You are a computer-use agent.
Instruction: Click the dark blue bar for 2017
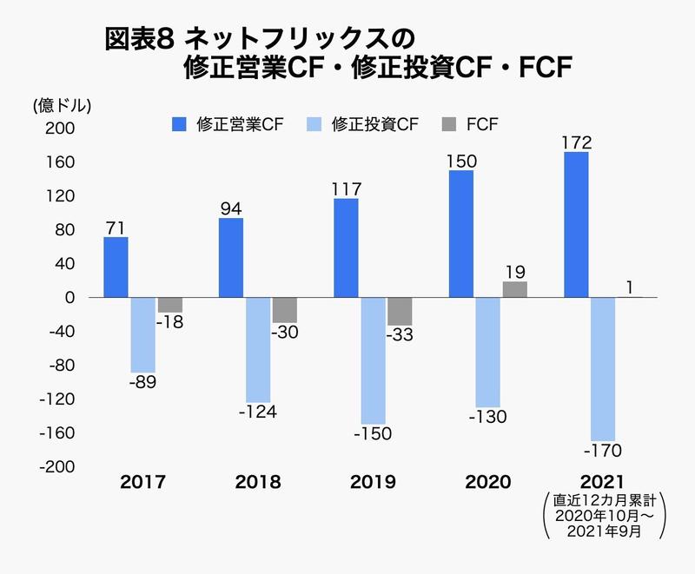pyautogui.click(x=116, y=267)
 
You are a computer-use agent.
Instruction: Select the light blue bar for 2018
pyautogui.click(x=258, y=349)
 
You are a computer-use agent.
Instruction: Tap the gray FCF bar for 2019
pyautogui.click(x=400, y=312)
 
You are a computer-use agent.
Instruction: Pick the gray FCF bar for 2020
pyautogui.click(x=514, y=289)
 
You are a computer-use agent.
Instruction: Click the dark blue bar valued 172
pyautogui.click(x=576, y=225)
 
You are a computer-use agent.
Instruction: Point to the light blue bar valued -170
pyautogui.click(x=603, y=369)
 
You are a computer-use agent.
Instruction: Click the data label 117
pyautogui.click(x=346, y=188)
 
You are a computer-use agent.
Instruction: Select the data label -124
pyautogui.click(x=257, y=412)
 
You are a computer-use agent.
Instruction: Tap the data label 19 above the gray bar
pyautogui.click(x=514, y=271)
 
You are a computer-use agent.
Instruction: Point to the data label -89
pyautogui.click(x=142, y=382)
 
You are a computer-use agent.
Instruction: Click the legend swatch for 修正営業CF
pyautogui.click(x=179, y=124)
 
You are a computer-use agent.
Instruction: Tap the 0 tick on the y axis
pyautogui.click(x=70, y=298)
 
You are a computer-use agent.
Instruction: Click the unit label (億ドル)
pyautogui.click(x=62, y=105)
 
